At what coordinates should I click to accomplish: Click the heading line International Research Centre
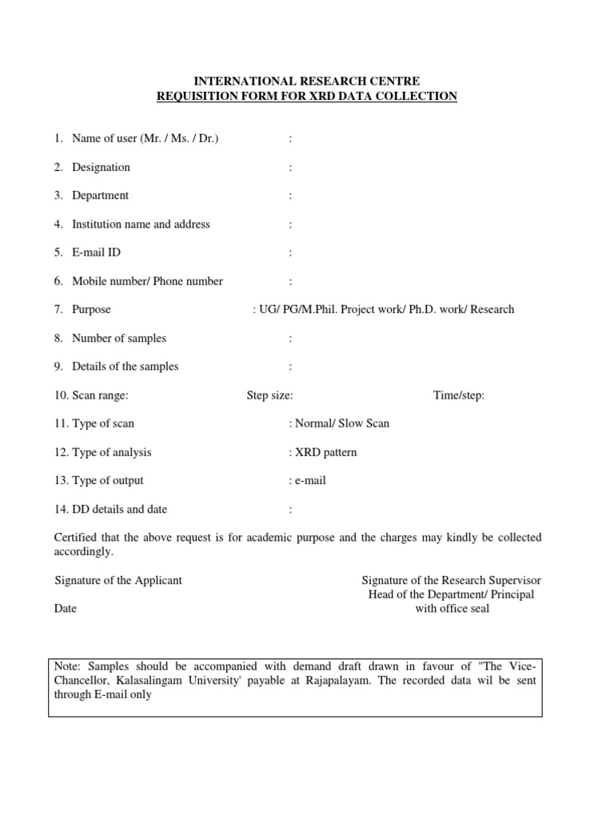click(x=307, y=81)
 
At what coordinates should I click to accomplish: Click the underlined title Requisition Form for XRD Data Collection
click(x=307, y=96)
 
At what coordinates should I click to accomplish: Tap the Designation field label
click(x=101, y=167)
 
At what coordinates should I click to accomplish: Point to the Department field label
click(x=100, y=196)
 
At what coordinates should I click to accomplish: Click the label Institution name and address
click(x=141, y=224)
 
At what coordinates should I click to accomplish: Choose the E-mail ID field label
click(x=96, y=252)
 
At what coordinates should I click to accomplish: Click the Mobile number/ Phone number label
click(x=147, y=281)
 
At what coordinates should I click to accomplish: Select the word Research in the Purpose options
click(x=492, y=310)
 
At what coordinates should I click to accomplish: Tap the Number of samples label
click(x=119, y=338)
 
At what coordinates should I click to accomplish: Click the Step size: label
click(x=269, y=395)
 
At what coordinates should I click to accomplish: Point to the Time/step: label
click(x=459, y=395)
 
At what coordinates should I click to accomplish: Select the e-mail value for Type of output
click(x=310, y=481)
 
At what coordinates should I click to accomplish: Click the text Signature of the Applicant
click(x=118, y=580)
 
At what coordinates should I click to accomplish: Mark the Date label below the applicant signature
click(x=66, y=609)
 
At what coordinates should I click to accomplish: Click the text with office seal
click(x=452, y=609)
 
